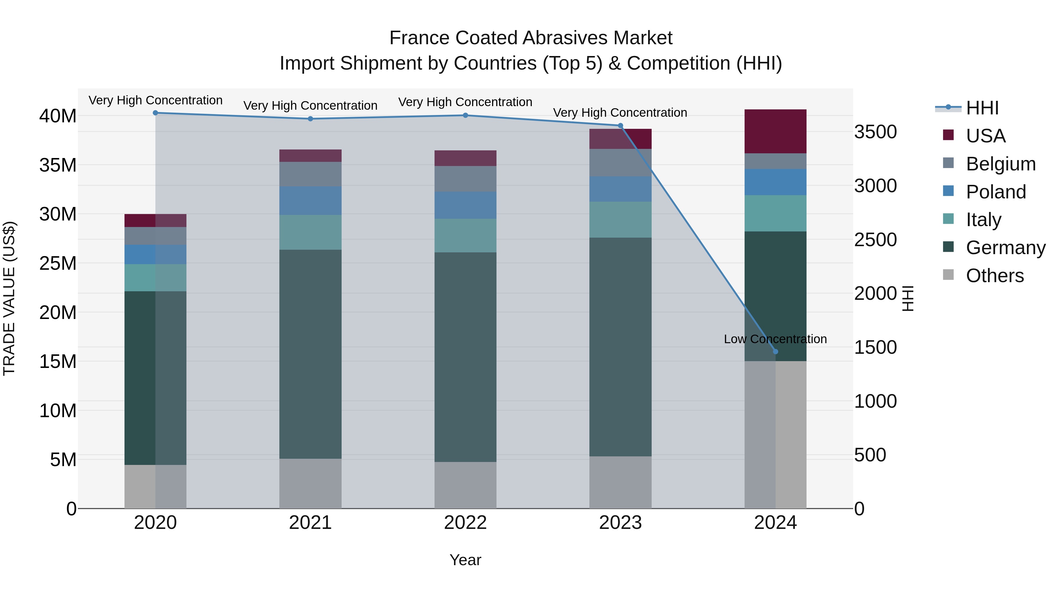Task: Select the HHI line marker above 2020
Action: [155, 113]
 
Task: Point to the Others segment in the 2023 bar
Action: [620, 482]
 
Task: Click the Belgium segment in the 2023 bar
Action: [620, 162]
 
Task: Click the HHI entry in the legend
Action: [982, 108]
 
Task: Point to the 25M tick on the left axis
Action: [58, 263]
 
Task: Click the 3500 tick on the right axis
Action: [875, 132]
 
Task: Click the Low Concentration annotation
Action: [775, 339]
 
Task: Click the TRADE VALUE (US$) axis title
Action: [9, 298]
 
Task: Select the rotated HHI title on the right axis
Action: [907, 298]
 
